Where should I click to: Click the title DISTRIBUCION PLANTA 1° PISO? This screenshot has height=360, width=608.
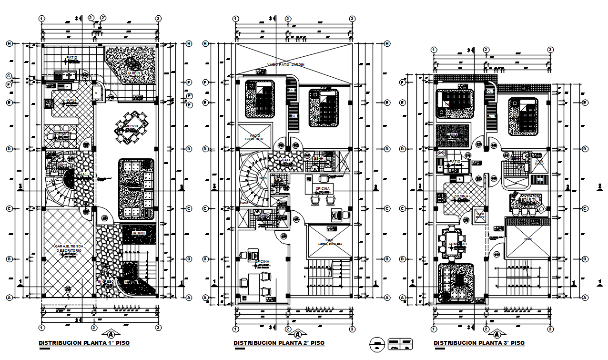click(84, 343)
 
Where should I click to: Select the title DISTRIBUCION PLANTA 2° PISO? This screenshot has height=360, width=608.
click(279, 343)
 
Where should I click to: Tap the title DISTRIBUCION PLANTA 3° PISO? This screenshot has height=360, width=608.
click(479, 343)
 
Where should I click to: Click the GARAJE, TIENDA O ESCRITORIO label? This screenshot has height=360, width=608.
click(69, 248)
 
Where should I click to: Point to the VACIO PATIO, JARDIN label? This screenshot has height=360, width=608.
click(285, 65)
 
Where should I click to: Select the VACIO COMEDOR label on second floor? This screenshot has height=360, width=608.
click(254, 137)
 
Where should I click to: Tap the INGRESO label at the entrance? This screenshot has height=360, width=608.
click(106, 281)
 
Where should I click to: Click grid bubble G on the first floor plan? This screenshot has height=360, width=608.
click(9, 76)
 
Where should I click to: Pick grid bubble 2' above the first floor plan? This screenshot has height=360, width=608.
click(103, 18)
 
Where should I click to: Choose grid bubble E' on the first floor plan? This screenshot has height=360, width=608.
click(189, 95)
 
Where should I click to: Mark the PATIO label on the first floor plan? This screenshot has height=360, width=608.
click(72, 58)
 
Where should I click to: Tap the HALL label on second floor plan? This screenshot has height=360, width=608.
click(286, 160)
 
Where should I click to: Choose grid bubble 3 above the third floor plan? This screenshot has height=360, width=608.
click(550, 50)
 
